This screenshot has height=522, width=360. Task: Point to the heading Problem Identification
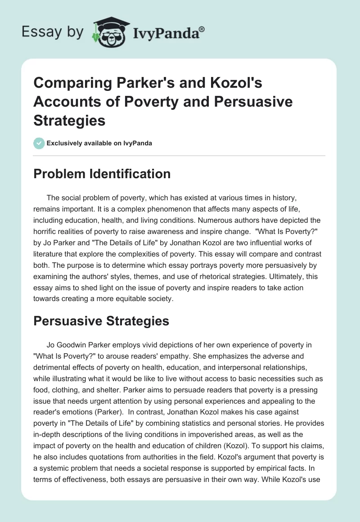[102, 174]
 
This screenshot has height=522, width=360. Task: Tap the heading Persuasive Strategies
[101, 321]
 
